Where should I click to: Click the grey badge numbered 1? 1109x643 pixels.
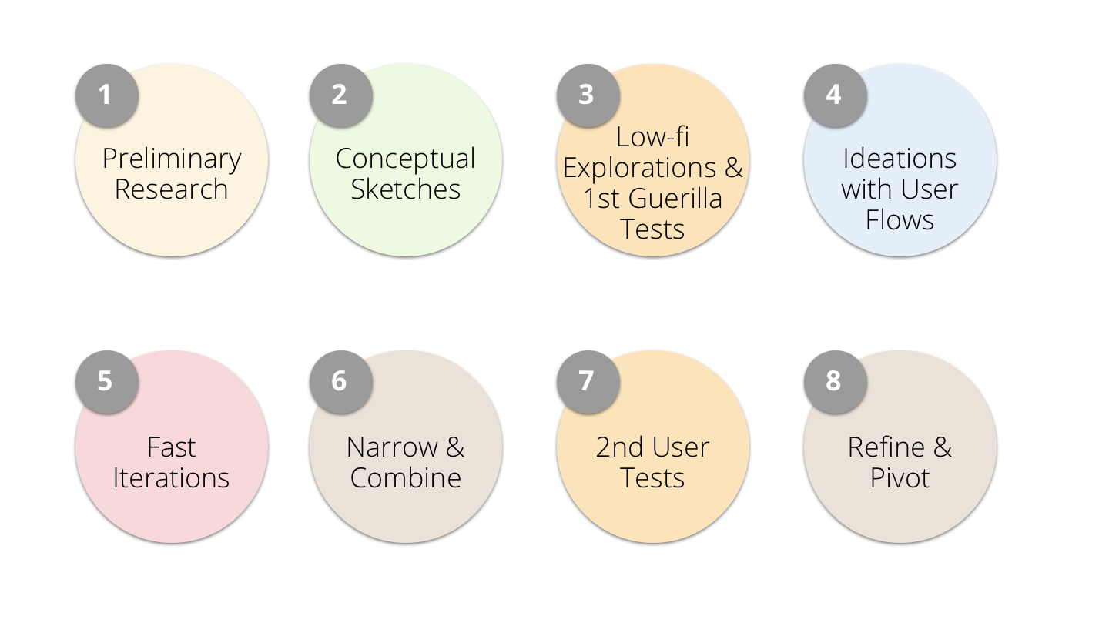(x=106, y=95)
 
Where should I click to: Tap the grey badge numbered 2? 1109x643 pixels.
(x=340, y=95)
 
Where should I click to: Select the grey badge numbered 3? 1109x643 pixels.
(x=588, y=95)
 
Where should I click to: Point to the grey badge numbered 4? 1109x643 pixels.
(x=835, y=95)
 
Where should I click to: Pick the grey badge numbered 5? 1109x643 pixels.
(x=106, y=382)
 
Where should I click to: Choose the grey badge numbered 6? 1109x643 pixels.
(x=340, y=382)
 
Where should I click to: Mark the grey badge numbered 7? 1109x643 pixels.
(x=588, y=382)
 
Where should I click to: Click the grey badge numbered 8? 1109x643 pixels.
(x=835, y=382)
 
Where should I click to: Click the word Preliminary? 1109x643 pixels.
(x=172, y=159)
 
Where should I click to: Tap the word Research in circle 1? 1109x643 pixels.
(x=172, y=189)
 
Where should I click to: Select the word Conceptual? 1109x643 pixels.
(x=406, y=159)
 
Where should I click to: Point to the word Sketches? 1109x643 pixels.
(x=406, y=189)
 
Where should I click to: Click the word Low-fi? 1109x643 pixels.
(x=652, y=137)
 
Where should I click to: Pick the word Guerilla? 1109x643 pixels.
(x=675, y=199)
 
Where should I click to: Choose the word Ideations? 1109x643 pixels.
(x=900, y=159)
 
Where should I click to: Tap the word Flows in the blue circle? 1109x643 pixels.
(x=900, y=220)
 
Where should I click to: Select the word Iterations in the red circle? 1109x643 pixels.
(x=172, y=478)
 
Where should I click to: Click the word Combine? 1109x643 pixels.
(x=406, y=478)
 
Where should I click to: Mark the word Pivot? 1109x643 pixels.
(x=900, y=478)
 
